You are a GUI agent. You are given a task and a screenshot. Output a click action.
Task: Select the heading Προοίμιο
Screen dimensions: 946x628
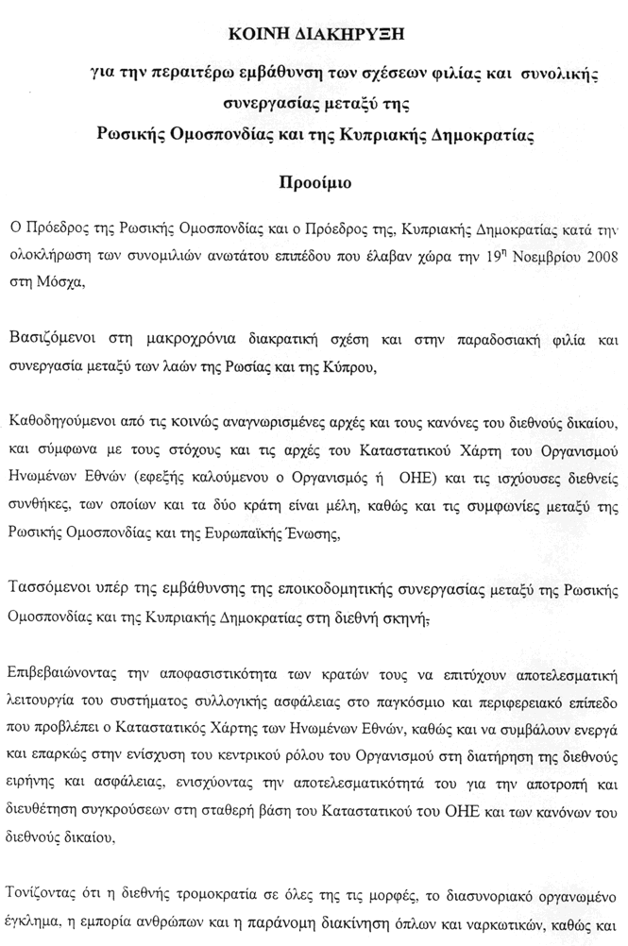point(315,182)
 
